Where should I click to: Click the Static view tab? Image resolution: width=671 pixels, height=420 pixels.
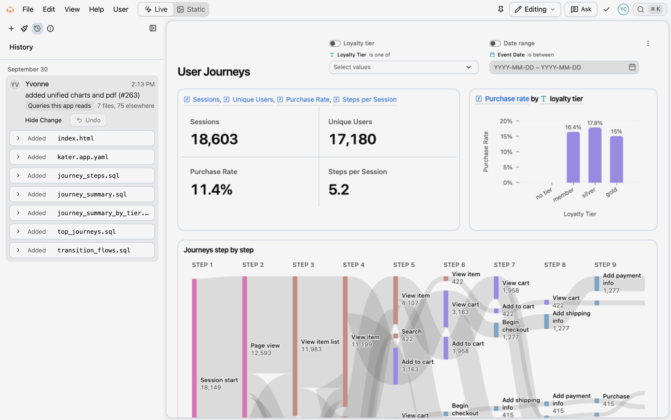click(191, 9)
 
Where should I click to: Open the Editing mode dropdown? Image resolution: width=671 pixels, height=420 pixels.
click(535, 9)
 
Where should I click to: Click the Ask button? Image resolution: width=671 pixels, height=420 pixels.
click(581, 9)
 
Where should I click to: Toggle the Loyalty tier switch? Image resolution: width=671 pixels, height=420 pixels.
click(335, 43)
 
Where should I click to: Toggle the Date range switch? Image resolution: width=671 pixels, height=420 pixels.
click(495, 43)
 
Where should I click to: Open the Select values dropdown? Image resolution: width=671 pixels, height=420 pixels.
click(404, 67)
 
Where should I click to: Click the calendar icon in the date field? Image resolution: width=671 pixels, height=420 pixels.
click(632, 67)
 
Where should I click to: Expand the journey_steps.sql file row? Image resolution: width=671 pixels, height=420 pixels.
click(18, 175)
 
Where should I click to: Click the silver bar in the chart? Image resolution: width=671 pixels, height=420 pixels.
click(595, 155)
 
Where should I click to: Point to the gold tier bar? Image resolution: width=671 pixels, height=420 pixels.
click(617, 159)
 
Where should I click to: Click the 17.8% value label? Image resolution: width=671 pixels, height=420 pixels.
click(595, 123)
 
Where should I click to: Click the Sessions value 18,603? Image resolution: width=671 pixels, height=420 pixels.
click(214, 139)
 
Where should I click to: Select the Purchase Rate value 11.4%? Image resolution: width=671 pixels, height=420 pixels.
click(211, 189)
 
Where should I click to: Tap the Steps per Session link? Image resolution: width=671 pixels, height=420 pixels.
click(369, 99)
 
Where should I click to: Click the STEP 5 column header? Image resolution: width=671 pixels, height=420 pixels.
click(404, 265)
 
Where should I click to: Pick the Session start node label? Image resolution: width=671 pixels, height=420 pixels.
click(219, 380)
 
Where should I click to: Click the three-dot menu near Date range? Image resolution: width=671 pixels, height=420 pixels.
click(648, 43)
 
